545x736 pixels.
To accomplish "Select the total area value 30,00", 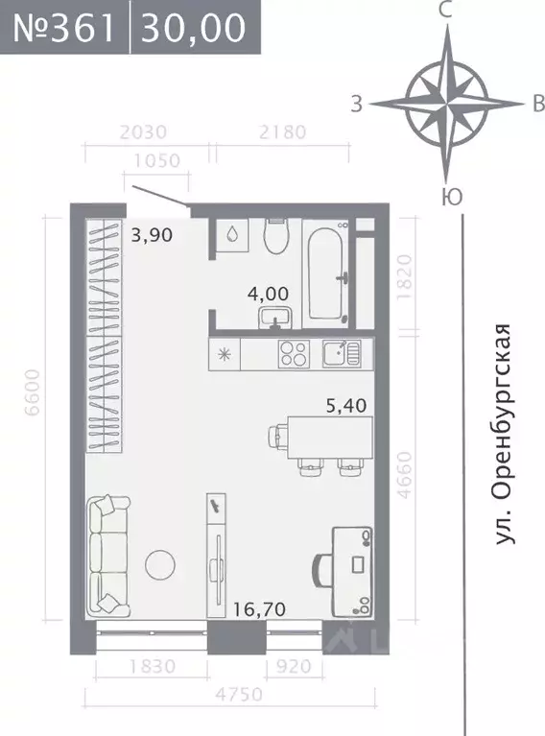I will (x=193, y=28).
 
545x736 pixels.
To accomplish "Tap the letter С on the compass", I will (x=444, y=11).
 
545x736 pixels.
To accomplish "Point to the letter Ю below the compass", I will (x=446, y=197).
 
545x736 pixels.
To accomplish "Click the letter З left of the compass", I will (x=356, y=105).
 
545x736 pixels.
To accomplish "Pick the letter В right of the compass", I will (x=537, y=105).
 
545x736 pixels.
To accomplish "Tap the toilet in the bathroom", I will (x=276, y=235).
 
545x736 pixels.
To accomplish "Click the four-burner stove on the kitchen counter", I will (x=294, y=353).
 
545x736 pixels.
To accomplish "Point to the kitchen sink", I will (x=340, y=353).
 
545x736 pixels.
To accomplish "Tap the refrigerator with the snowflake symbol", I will (x=225, y=353).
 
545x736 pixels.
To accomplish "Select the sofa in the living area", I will (x=107, y=557).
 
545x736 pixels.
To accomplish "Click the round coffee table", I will (x=159, y=564).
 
